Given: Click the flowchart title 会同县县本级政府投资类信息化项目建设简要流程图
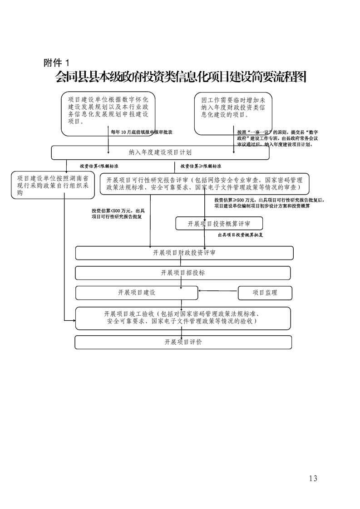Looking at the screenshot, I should [x=181, y=77].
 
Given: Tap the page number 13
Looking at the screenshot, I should [x=312, y=478].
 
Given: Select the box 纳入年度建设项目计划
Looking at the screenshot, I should [x=160, y=153].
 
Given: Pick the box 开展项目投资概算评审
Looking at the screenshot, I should [x=219, y=224].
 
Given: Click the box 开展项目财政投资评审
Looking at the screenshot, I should [x=184, y=253].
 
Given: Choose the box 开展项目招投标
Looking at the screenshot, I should [x=182, y=273].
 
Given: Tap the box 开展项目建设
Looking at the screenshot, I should [x=137, y=293].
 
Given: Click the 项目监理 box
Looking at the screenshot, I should [x=265, y=293].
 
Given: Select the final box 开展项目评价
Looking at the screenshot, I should [x=183, y=342].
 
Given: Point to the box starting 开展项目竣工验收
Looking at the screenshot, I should [x=182, y=318].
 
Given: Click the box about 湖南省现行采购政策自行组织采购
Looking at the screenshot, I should [x=53, y=185].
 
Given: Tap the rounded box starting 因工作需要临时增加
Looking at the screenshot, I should [x=233, y=114].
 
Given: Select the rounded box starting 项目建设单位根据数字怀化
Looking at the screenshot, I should [x=108, y=114].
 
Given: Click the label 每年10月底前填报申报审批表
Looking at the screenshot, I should [x=142, y=132].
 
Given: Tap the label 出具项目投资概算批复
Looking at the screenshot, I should [x=241, y=235].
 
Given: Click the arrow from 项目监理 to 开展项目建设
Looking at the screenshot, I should [x=218, y=291].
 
